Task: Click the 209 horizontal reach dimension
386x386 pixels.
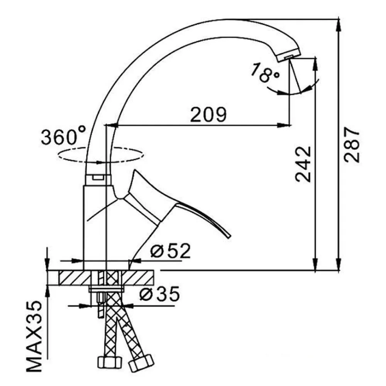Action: [208, 115]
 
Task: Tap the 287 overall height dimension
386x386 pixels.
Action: [352, 144]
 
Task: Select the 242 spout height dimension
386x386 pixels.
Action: [303, 164]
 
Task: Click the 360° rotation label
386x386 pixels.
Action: [64, 135]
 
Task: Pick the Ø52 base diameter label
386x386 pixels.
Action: [170, 251]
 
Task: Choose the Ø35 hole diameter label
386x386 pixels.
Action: [159, 294]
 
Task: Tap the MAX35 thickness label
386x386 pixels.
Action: [34, 336]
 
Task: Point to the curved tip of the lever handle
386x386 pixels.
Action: [229, 235]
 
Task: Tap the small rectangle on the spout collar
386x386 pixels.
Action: [98, 177]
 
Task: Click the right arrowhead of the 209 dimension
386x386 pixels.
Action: [284, 125]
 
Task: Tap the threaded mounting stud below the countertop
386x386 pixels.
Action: [101, 304]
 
